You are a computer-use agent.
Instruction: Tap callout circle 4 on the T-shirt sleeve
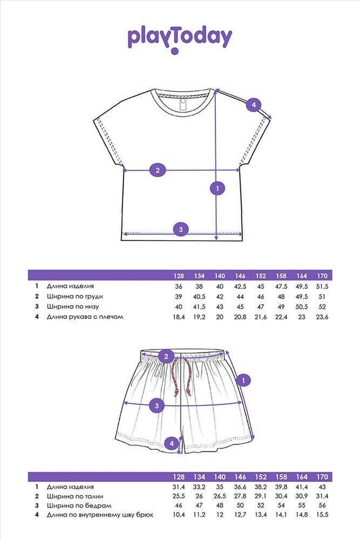(254, 105)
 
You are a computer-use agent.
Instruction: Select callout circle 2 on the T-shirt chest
(157, 170)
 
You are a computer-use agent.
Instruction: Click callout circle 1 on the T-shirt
(216, 188)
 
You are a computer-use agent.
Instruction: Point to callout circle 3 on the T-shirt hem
(181, 230)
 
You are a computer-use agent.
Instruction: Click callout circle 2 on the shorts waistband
(166, 356)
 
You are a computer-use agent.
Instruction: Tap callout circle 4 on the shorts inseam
(171, 443)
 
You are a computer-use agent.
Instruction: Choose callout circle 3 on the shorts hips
(157, 406)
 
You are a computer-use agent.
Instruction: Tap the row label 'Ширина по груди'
(75, 296)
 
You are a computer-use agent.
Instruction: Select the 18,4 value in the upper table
(179, 317)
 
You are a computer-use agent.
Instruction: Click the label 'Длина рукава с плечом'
(85, 317)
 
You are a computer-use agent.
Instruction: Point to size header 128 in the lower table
(179, 477)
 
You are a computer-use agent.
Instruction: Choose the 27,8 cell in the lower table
(241, 496)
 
